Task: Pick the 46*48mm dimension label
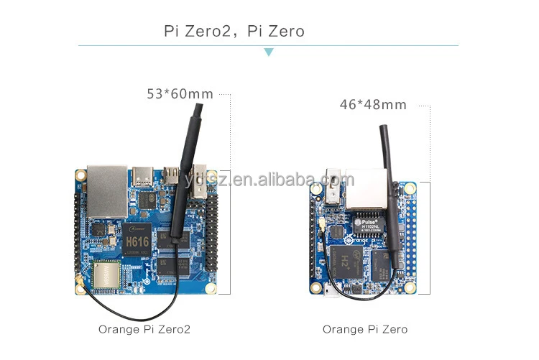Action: [x=373, y=105]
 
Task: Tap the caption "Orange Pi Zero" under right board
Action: [x=364, y=329]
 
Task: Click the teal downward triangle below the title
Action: [x=269, y=52]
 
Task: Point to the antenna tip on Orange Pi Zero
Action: [x=384, y=133]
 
